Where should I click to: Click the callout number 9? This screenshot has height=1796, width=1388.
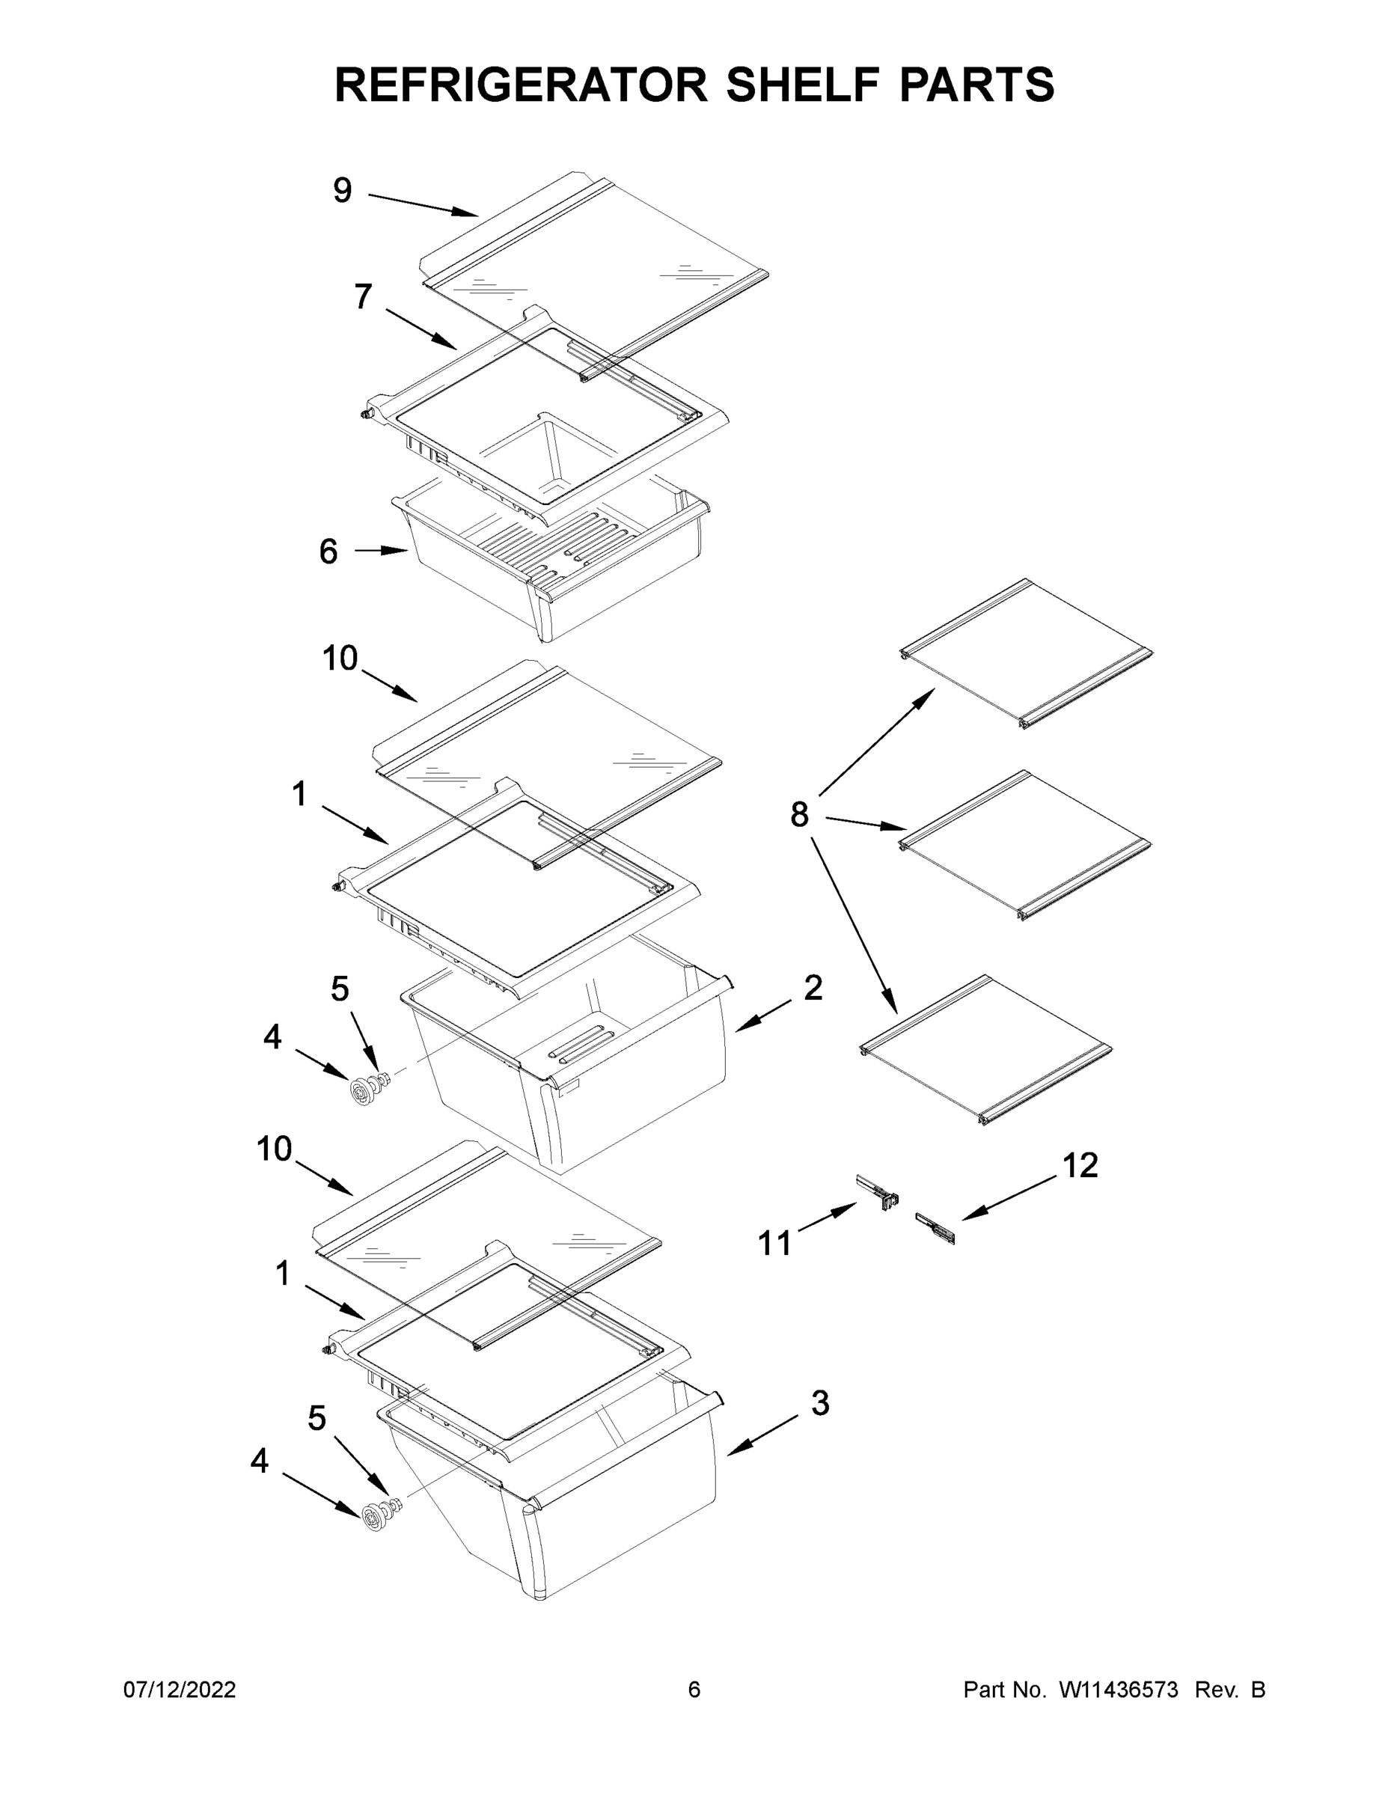[342, 191]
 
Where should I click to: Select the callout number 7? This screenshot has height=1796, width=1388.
[363, 297]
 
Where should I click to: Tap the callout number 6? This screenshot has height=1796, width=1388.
[328, 552]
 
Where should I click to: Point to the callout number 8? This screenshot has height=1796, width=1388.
[798, 815]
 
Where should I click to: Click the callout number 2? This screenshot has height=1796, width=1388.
[813, 988]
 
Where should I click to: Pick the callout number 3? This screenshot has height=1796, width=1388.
[820, 1403]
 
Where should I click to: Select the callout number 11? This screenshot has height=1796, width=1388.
[774, 1244]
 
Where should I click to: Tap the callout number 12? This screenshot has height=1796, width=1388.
[1080, 1165]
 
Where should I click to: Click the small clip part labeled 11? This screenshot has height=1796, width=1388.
[878, 1191]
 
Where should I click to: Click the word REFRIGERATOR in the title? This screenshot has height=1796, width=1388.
[521, 85]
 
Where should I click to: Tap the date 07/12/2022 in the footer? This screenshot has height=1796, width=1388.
[180, 1690]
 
